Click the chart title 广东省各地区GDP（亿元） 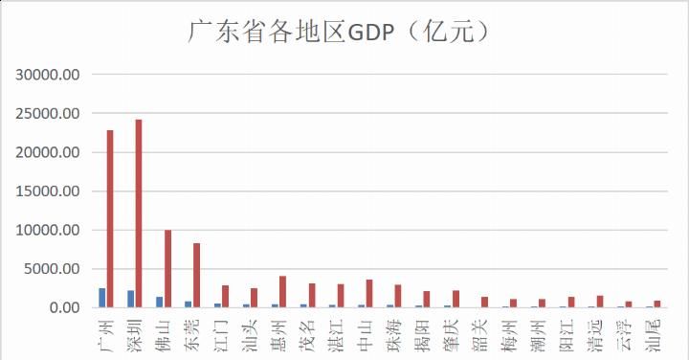click(342, 33)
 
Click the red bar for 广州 click(110, 218)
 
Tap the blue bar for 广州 click(101, 298)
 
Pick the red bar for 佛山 click(167, 268)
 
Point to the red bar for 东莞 click(196, 275)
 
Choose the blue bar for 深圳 click(130, 299)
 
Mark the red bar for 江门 click(225, 296)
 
